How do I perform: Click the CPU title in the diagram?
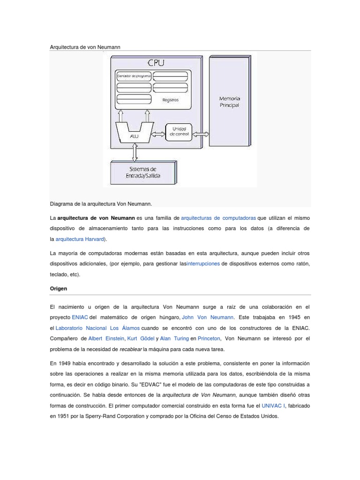click(156, 63)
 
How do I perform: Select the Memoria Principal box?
click(229, 101)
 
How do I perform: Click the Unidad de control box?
click(180, 132)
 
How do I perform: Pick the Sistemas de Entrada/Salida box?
click(144, 172)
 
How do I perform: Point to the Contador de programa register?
click(134, 76)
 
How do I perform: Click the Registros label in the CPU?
click(170, 100)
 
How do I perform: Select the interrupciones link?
click(203, 264)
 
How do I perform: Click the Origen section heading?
click(59, 289)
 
